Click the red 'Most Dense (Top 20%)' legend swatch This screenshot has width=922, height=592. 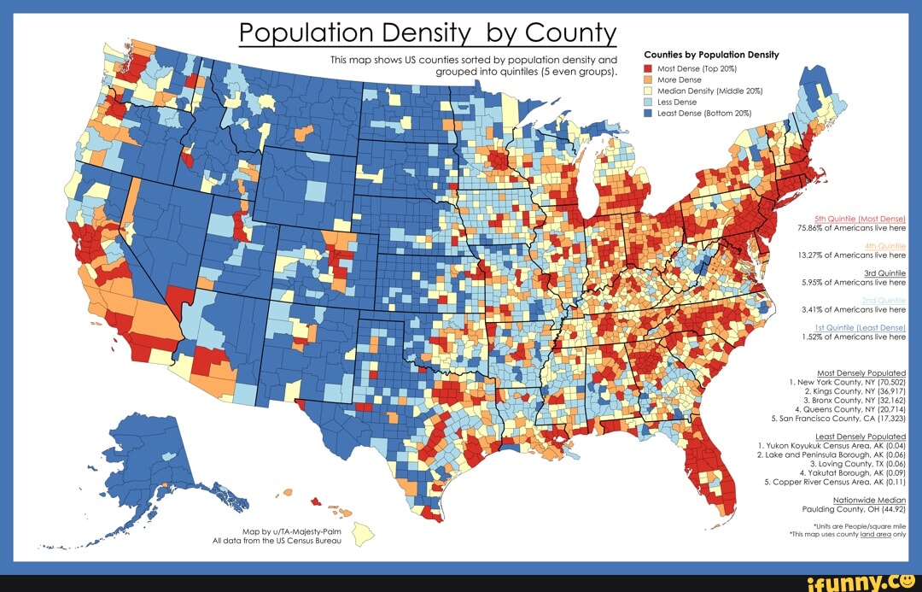[649, 67]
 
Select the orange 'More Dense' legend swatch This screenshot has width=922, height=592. [649, 79]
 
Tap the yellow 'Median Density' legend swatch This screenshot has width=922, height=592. [649, 90]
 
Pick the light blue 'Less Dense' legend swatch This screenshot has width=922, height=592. [649, 101]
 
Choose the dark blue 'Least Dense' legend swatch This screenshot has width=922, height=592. [649, 112]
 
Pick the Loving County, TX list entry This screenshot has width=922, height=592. [862, 463]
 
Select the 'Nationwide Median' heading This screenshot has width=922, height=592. [869, 499]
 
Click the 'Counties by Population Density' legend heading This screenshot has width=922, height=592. [711, 55]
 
